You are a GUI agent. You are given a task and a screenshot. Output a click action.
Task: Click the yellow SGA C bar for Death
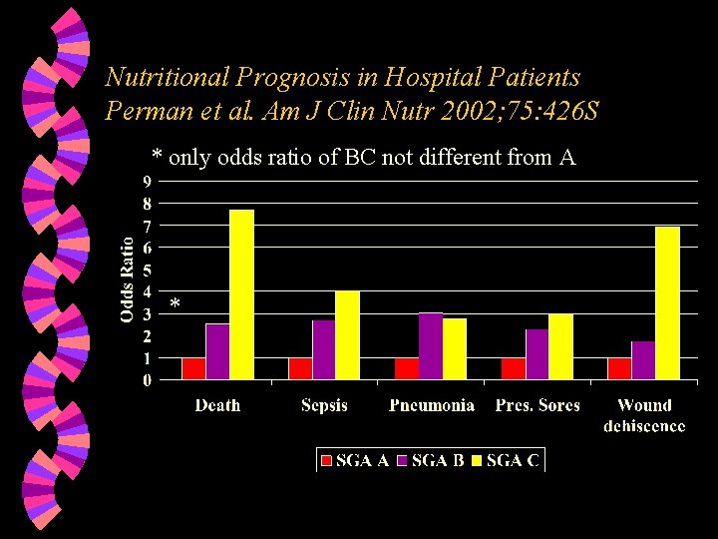[x=242, y=294]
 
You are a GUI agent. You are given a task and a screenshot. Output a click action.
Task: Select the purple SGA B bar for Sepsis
[x=324, y=349]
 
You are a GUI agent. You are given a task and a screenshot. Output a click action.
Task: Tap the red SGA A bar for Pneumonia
[x=407, y=368]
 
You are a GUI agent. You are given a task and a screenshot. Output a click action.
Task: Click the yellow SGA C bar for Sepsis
[x=347, y=335]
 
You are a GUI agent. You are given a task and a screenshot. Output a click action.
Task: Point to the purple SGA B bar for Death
[x=217, y=351]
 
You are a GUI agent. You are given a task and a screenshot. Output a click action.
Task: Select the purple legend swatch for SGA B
[x=403, y=461]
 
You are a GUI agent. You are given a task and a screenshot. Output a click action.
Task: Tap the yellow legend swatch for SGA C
[x=478, y=461]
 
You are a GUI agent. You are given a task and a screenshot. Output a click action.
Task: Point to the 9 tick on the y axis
[x=148, y=181]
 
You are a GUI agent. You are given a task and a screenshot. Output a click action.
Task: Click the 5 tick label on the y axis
[x=148, y=269]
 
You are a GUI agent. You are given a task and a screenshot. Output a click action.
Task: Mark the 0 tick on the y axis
[x=148, y=380]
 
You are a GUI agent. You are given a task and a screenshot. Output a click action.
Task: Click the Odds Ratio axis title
[x=128, y=278]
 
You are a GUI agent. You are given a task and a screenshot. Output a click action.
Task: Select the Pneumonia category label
[x=431, y=405]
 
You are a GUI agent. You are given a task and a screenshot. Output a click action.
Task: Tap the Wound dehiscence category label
[x=644, y=415]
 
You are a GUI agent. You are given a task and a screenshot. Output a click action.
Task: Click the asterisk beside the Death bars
[x=175, y=303]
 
